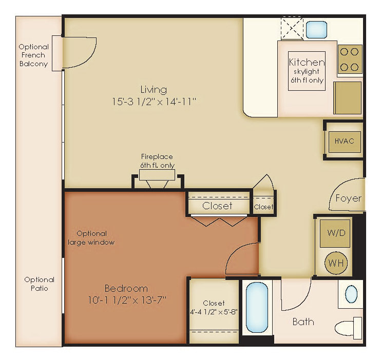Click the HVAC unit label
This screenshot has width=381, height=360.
click(345, 141)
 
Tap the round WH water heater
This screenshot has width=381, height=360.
click(336, 263)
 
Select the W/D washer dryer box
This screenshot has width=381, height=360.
click(335, 233)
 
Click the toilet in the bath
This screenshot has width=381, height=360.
click(349, 328)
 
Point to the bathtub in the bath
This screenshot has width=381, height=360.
click(257, 307)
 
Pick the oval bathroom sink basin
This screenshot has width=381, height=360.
click(351, 294)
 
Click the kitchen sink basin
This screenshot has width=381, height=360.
click(316, 30)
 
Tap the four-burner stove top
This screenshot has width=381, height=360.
click(350, 59)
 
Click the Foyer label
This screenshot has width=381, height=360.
click(349, 198)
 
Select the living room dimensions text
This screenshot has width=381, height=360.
click(154, 101)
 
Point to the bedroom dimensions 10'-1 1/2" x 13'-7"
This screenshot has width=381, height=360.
click(127, 300)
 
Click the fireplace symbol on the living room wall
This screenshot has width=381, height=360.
click(158, 178)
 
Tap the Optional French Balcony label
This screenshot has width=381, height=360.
click(33, 55)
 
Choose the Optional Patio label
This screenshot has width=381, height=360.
click(39, 284)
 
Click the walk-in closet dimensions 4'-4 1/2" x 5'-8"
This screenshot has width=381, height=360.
click(214, 312)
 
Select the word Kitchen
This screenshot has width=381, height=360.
click(307, 63)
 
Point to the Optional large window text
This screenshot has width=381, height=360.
click(91, 238)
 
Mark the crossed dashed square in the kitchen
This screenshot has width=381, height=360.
click(292, 28)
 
